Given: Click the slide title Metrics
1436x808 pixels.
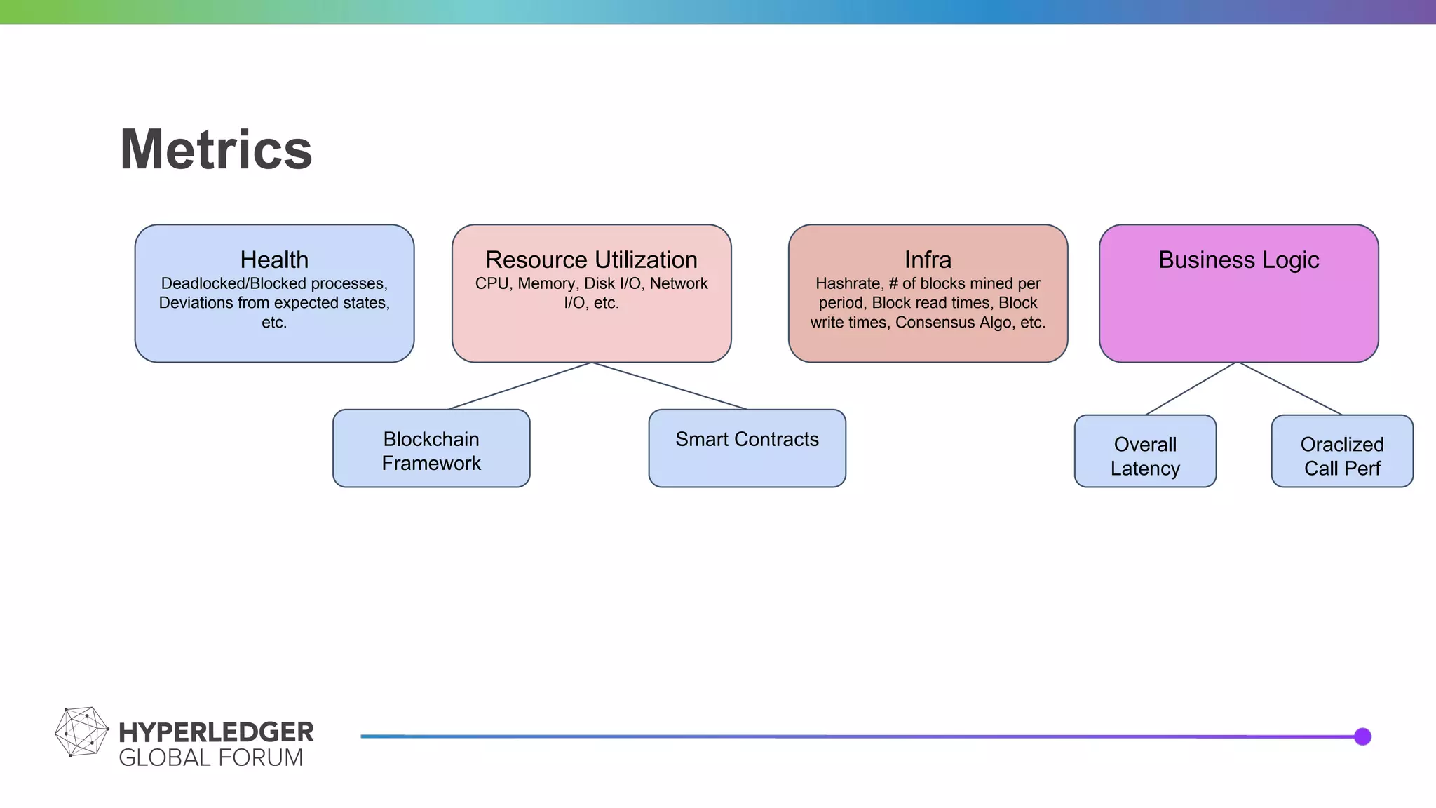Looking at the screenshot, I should pos(216,149).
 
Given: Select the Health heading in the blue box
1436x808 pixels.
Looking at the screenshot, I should pos(274,260).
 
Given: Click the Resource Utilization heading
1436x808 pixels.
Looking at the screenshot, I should pos(591,260).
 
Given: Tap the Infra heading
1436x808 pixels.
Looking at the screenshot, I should pos(928,260).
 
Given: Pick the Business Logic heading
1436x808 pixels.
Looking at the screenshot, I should pos(1238,260).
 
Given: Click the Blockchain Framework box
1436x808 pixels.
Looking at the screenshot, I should pos(431,449).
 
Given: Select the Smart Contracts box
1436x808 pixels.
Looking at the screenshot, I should pos(747,449).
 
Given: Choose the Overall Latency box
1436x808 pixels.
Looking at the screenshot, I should pos(1145,452).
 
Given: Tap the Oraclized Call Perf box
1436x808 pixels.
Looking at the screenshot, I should pos(1342,452).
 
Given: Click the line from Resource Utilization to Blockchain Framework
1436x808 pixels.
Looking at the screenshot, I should pos(520,386).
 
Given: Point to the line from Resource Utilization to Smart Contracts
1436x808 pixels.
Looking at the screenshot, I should pos(670,386).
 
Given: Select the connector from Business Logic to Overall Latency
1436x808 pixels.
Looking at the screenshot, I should pos(1191,389).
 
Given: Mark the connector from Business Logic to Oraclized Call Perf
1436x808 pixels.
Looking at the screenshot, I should pos(1290,389).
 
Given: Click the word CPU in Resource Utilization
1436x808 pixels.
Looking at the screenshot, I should pos(492,284).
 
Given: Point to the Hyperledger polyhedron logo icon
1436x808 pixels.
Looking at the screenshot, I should pos(81,732).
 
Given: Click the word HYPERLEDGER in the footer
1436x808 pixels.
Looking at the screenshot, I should pos(216,732).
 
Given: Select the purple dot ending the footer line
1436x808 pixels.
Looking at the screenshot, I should pos(1362,736).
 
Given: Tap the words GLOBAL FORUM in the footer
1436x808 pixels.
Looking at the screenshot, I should pos(210,758).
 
